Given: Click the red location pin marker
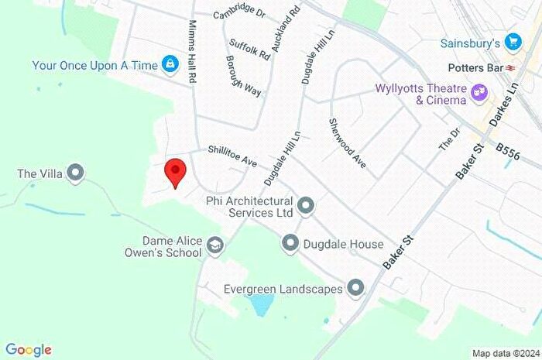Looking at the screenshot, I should pos(176,171).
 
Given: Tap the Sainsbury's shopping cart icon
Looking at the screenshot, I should pos(512,41).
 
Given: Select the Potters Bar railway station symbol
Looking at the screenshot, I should pos(512,67).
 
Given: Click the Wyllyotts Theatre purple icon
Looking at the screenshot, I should pos(480,94).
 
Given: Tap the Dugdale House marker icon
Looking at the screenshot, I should pos(290,244).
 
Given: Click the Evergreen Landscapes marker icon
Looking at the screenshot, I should pos(356,289).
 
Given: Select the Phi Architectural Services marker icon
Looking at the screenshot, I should pos(307,206).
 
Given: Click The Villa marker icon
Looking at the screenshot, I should pos(75,173).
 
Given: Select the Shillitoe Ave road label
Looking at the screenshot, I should pos(232,156).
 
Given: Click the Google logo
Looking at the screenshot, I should pos(29,350).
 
